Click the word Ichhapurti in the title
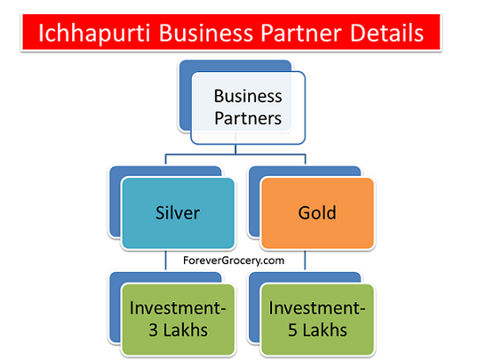click(x=94, y=33)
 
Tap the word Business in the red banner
click(x=206, y=33)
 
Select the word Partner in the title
click(x=301, y=33)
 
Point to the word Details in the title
click(x=386, y=33)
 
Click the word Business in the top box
click(x=248, y=96)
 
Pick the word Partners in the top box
click(x=248, y=118)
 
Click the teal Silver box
click(x=179, y=213)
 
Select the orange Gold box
click(x=318, y=213)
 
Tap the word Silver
click(x=178, y=212)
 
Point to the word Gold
click(x=317, y=212)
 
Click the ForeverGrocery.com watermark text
click(x=234, y=261)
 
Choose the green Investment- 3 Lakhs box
click(x=179, y=320)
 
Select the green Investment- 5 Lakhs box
click(x=318, y=320)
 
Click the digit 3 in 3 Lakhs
click(x=153, y=330)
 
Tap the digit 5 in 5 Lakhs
click(x=292, y=330)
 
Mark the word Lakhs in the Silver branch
click(x=186, y=330)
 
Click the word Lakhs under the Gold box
click(x=325, y=330)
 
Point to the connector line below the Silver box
click(x=165, y=260)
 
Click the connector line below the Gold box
click(x=305, y=260)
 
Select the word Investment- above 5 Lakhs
click(x=317, y=308)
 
